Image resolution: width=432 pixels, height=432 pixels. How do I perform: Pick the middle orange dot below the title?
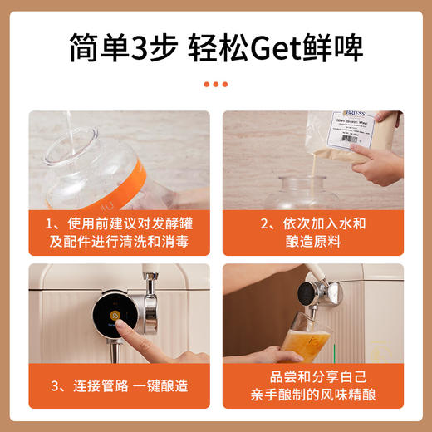click(x=215, y=84)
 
